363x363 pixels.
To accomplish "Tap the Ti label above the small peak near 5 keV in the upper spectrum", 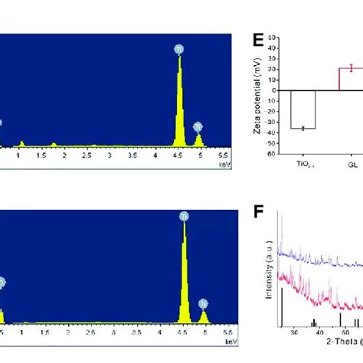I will click(x=198, y=126).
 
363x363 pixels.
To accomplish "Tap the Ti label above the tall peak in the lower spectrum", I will click(x=184, y=217).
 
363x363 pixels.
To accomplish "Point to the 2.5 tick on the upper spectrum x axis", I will click(x=88, y=155).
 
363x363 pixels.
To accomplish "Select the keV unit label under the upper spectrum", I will click(x=223, y=163).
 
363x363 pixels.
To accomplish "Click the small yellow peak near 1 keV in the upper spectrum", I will click(x=21, y=142).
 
